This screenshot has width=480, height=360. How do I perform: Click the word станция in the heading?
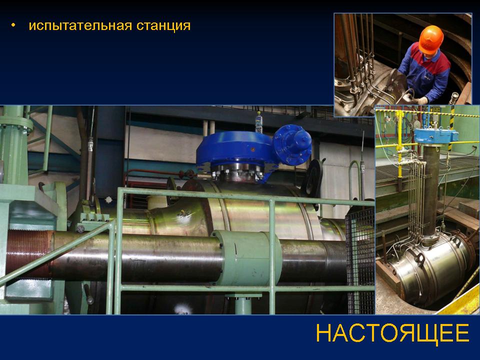[x=163, y=25]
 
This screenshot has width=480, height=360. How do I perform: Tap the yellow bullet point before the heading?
[x=13, y=25]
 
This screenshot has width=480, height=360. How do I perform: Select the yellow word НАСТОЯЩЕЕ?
[x=392, y=333]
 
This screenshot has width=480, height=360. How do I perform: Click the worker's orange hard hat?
[x=430, y=39]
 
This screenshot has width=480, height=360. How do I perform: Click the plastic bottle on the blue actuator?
[x=259, y=122]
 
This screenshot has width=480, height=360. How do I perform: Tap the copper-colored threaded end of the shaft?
[x=29, y=254]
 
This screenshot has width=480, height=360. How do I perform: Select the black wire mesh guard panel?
[x=360, y=260]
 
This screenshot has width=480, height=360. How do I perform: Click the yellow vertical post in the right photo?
[x=399, y=144]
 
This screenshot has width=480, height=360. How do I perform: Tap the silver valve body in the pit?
[x=430, y=269]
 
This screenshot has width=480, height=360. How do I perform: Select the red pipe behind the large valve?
[x=153, y=173]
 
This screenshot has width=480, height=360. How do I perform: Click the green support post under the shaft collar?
[x=243, y=304]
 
